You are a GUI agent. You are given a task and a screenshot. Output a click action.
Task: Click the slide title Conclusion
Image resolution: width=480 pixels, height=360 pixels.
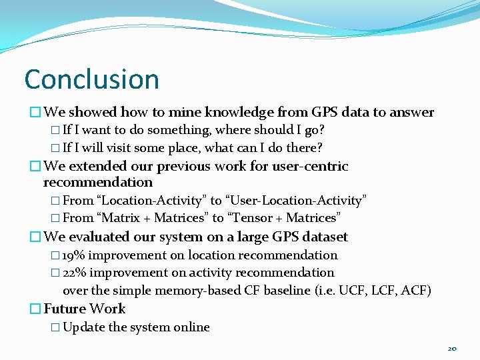pyautogui.click(x=91, y=79)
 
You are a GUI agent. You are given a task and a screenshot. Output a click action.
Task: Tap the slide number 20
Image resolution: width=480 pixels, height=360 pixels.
pyautogui.click(x=452, y=349)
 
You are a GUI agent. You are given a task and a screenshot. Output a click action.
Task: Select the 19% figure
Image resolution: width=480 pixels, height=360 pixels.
pyautogui.click(x=73, y=255)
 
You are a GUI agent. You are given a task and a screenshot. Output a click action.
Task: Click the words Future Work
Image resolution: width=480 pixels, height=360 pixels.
pyautogui.click(x=84, y=309)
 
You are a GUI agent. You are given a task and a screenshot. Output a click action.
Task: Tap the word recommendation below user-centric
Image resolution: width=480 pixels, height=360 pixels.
pyautogui.click(x=97, y=183)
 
